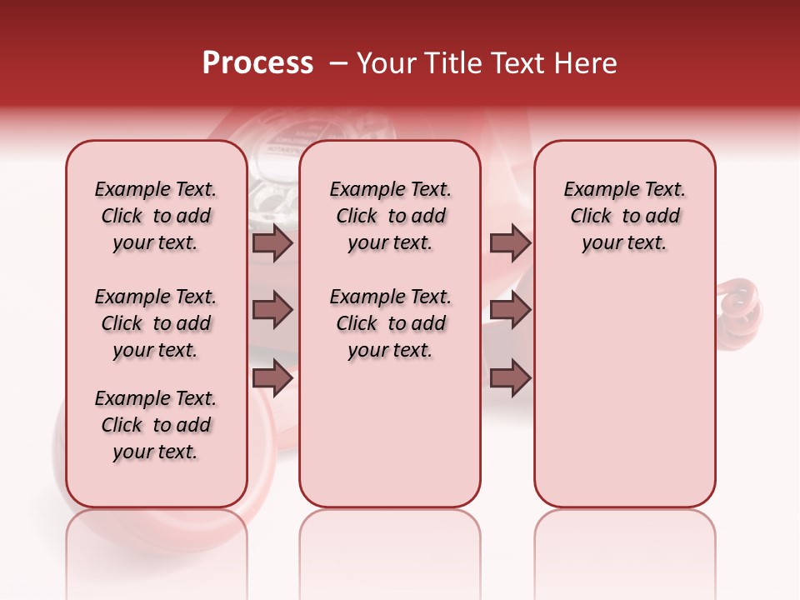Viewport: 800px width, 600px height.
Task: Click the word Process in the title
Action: pyautogui.click(x=257, y=63)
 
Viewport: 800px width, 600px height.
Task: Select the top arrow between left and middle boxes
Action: pyautogui.click(x=272, y=243)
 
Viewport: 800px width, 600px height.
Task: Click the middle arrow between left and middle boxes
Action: pyautogui.click(x=272, y=310)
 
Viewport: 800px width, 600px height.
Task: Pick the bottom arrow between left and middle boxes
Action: pyautogui.click(x=272, y=377)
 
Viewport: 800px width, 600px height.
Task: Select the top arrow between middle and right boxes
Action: pyautogui.click(x=510, y=243)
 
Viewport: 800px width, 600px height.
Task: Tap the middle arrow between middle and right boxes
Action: pyautogui.click(x=510, y=310)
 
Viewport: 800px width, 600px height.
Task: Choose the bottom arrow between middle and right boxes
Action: pyautogui.click(x=510, y=377)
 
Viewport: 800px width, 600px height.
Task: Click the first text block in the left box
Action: pyautogui.click(x=156, y=216)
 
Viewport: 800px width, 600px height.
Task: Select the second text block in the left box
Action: pyautogui.click(x=156, y=323)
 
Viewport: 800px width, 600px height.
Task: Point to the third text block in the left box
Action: pyautogui.click(x=156, y=425)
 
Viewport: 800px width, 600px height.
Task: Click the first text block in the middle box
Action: pyautogui.click(x=390, y=216)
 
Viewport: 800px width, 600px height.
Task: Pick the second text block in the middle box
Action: pyautogui.click(x=390, y=323)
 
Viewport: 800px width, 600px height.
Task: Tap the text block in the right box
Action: pyautogui.click(x=624, y=216)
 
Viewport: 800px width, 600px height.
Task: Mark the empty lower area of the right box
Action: pyautogui.click(x=624, y=400)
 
